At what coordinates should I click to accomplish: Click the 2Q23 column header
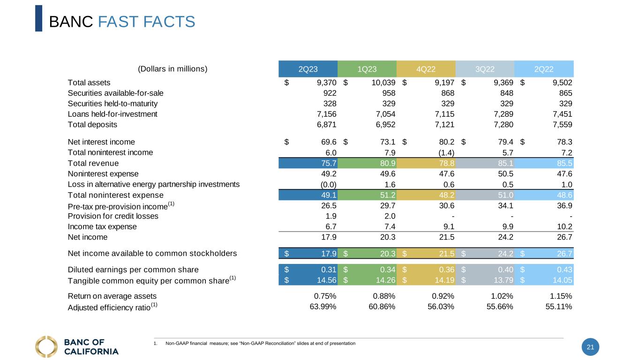pos(308,69)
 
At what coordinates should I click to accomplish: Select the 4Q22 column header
pos(426,69)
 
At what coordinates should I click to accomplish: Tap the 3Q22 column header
pos(485,69)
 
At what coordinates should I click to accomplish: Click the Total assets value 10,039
pos(380,82)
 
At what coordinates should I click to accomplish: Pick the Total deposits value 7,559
pos(561,125)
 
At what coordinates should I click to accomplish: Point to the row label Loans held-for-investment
pos(113,114)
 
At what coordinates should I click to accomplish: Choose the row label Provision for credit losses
pos(113,216)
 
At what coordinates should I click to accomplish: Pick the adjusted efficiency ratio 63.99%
pos(324,307)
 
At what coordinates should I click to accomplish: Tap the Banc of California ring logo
pos(46,346)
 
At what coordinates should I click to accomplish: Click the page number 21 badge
pos(590,347)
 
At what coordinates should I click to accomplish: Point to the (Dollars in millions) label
pos(173,69)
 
